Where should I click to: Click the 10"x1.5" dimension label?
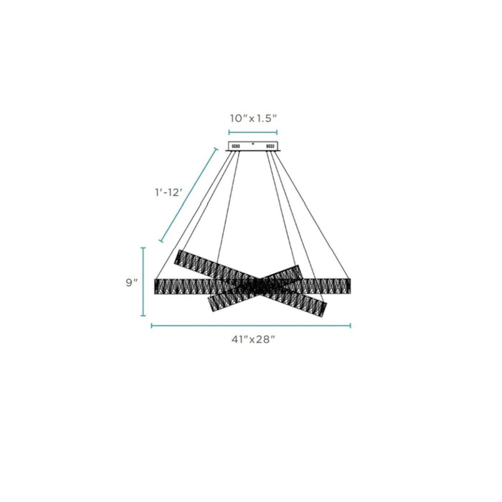[252, 118]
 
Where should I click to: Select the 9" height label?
[131, 283]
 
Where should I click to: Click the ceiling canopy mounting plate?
[253, 146]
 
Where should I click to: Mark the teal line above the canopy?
[253, 133]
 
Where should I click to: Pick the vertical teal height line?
[143, 282]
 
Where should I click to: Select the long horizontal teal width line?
[251, 326]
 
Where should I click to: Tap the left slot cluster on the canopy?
[235, 146]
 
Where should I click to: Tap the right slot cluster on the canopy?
[271, 146]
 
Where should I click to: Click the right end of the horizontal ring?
[347, 285]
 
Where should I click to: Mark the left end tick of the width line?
[151, 326]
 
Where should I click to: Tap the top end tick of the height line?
[143, 248]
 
